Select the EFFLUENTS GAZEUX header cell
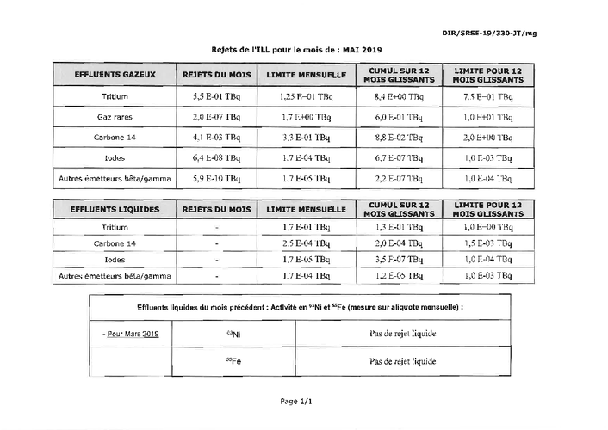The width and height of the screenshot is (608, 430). point(115,75)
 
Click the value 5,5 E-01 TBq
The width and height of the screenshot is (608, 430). point(217,96)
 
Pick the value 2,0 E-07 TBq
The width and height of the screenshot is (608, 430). point(217,116)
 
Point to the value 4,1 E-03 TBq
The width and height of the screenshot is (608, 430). point(217,137)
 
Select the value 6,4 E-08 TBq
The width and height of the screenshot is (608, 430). point(217,158)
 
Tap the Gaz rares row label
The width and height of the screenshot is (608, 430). point(114,116)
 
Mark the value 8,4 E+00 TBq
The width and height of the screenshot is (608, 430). point(398,96)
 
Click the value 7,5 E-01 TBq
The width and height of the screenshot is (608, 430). point(488,96)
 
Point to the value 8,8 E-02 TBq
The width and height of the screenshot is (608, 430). point(398,137)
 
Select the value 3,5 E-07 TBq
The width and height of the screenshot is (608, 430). point(398,259)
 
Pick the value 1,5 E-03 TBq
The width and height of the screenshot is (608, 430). point(488,243)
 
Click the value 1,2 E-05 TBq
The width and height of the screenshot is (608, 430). point(398,275)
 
